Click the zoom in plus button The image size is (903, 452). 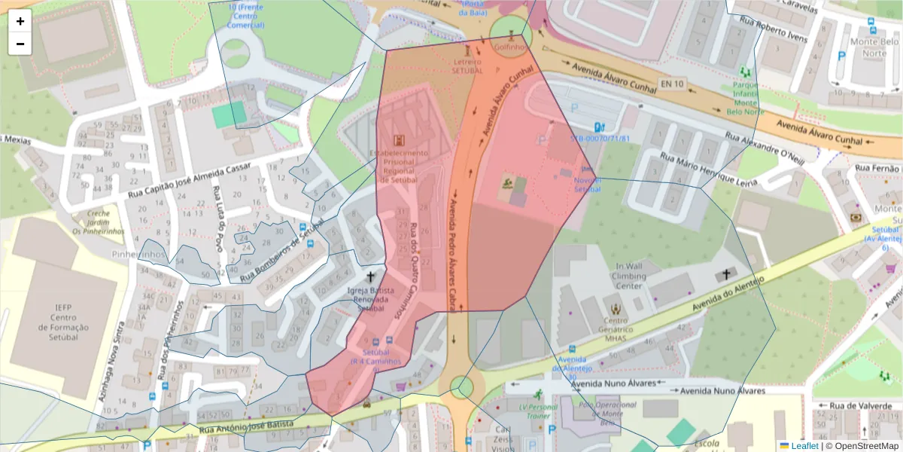click(20, 21)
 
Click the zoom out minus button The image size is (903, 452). click(20, 44)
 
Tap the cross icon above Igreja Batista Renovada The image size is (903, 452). click(370, 277)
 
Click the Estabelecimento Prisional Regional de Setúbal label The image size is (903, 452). click(399, 166)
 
